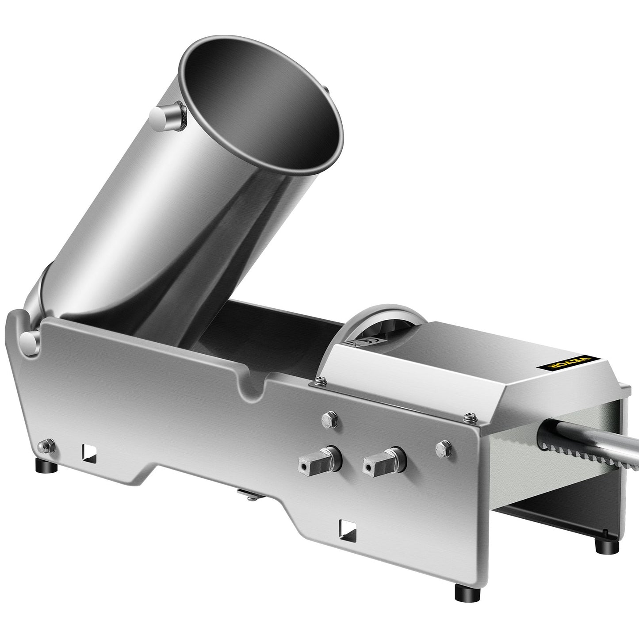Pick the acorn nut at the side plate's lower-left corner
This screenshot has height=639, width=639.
[x=46, y=444]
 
